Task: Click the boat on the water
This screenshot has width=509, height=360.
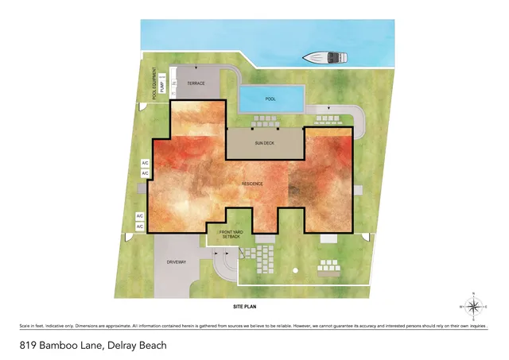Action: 326,57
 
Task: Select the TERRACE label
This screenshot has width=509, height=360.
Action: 196,83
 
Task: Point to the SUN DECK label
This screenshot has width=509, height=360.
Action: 265,142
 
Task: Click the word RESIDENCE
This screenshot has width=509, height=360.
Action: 253,184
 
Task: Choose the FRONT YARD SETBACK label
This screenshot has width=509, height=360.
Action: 230,234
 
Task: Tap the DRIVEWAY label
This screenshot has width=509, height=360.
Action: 177,261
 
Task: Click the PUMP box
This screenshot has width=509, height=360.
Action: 162,86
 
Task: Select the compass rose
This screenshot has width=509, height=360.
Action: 474,306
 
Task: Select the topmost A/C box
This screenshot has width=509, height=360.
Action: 145,163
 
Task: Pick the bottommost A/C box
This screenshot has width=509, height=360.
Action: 139,227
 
